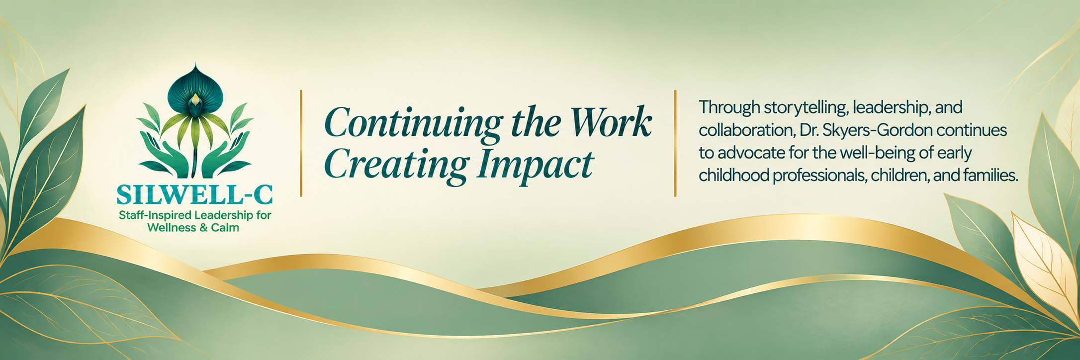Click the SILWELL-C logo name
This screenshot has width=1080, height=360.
pos(194,195)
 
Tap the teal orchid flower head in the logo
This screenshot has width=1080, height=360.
pos(195,90)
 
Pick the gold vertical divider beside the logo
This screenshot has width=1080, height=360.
pos(301,143)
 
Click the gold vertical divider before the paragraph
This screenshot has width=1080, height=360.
pos(675,143)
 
